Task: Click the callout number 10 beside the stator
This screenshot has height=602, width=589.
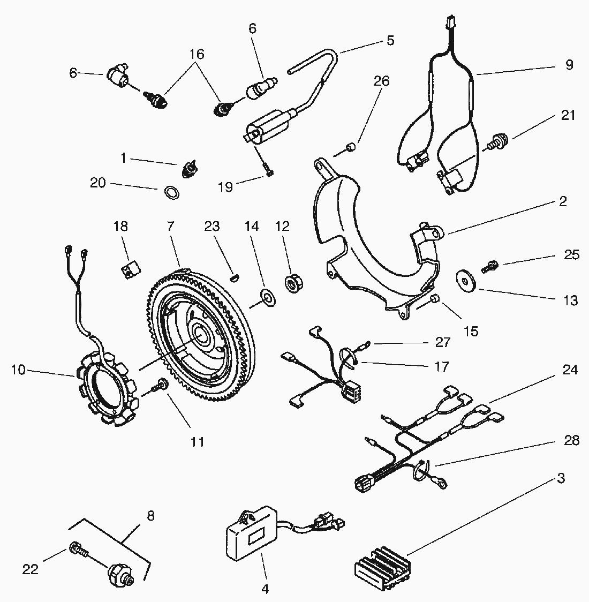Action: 18,370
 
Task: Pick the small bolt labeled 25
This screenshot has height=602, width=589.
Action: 489,264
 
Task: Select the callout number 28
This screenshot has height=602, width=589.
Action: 571,440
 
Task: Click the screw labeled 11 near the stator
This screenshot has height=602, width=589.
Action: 160,384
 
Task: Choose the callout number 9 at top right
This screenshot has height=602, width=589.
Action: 569,65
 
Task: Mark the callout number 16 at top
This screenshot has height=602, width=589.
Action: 197,54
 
